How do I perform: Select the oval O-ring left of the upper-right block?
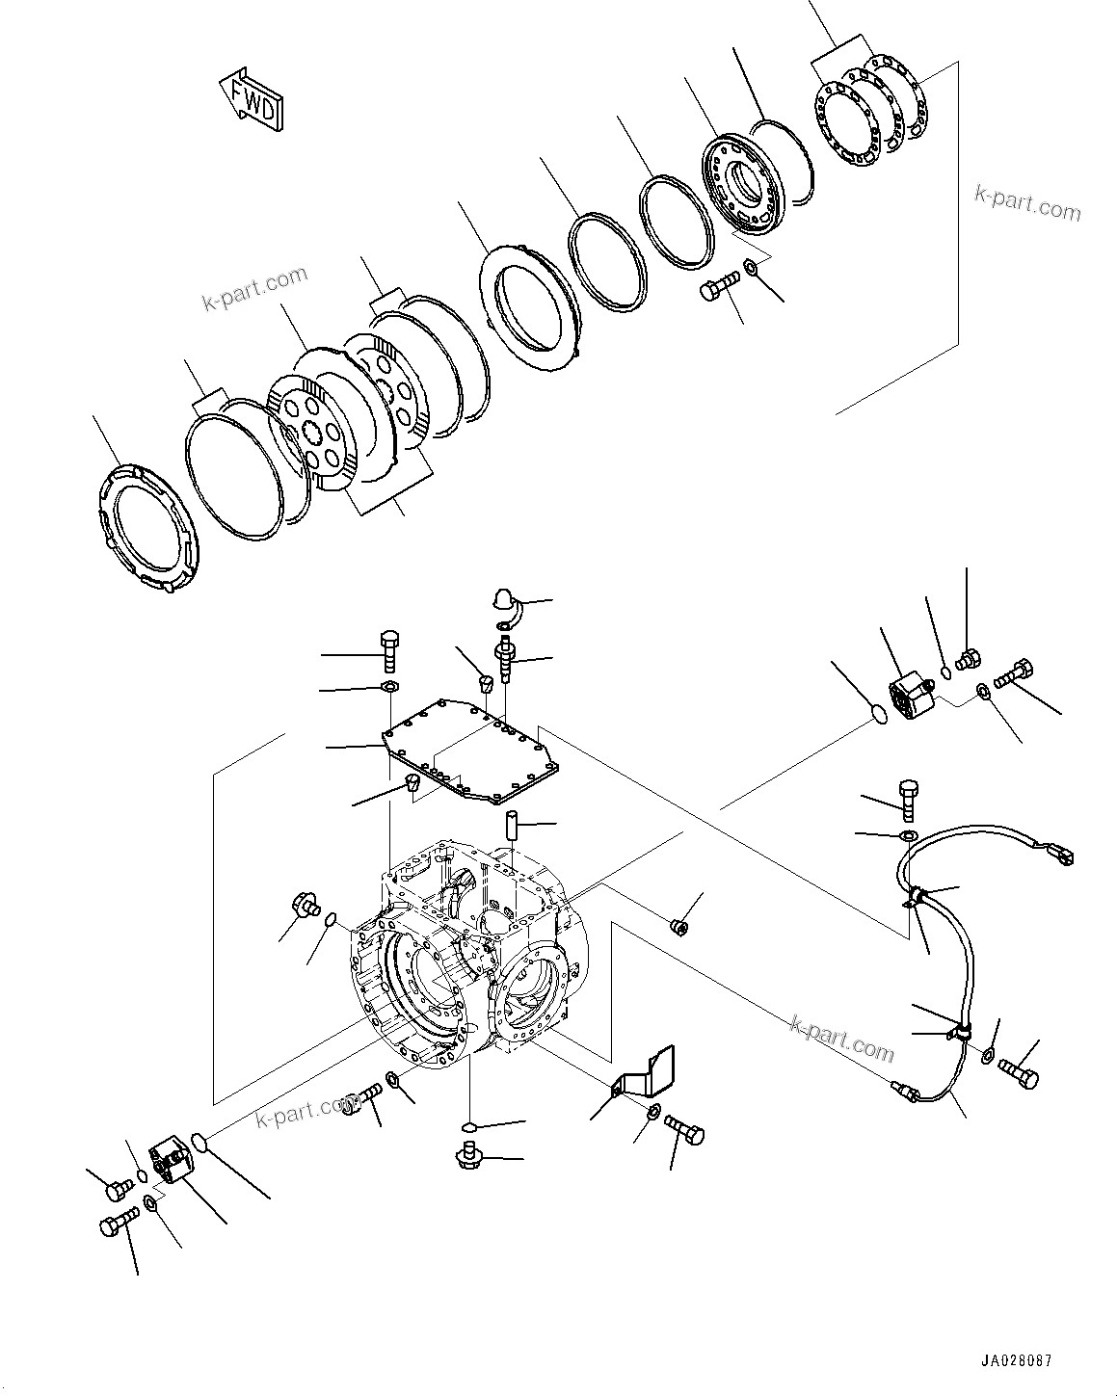pos(875,713)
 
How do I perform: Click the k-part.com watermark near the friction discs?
pos(254,288)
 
